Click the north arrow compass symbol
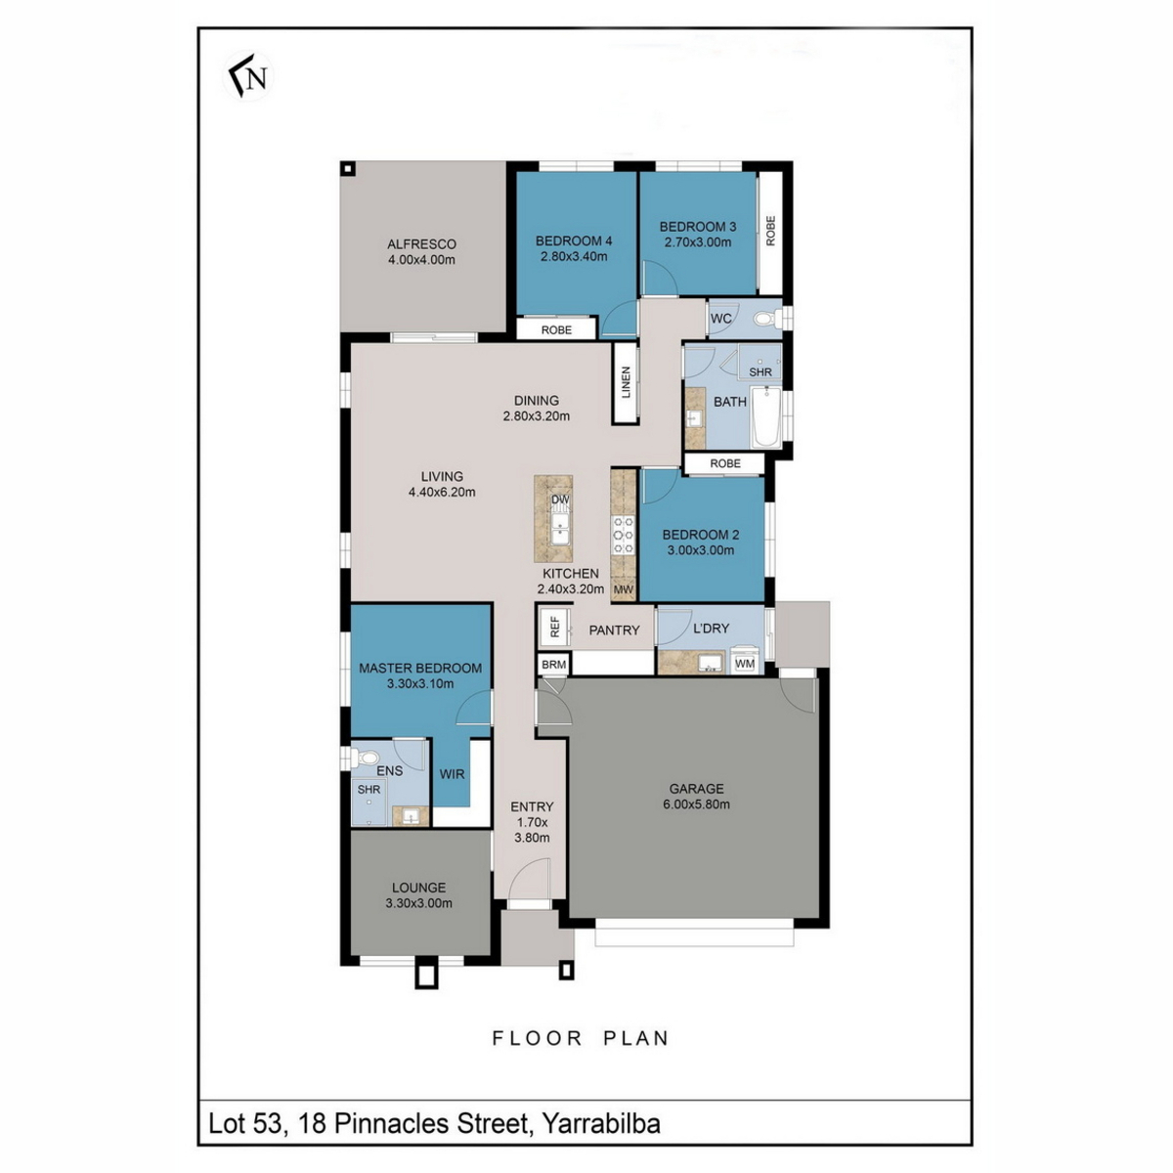coord(248,76)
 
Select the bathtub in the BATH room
coord(765,417)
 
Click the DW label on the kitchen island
coord(560,500)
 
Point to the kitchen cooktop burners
coord(623,535)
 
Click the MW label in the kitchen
coord(623,589)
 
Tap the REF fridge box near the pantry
coord(555,627)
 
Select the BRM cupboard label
coord(553,665)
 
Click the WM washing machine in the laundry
coord(745,663)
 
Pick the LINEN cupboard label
coord(626,382)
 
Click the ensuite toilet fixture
coord(363,758)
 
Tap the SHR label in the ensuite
coord(369,790)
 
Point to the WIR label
coord(452,773)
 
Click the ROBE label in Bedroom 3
coord(770,231)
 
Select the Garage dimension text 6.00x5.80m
coord(696,804)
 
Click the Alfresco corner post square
coord(347,168)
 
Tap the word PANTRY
coord(614,630)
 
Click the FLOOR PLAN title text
coord(581,1038)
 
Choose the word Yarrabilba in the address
coord(601,1124)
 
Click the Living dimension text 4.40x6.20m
coord(442,492)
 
